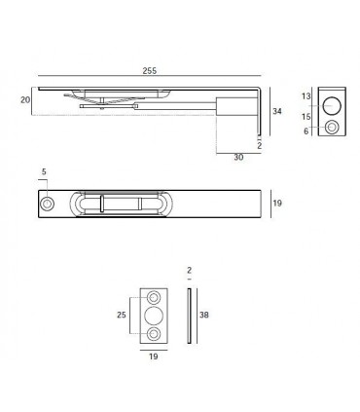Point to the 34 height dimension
[277, 111]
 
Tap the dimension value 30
[237, 157]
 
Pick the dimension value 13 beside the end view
[306, 97]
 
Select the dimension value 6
[306, 130]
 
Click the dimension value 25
[122, 315]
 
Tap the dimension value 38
[204, 316]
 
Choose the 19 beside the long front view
[276, 204]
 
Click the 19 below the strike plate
[154, 357]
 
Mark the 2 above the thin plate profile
[190, 270]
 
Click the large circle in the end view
[332, 106]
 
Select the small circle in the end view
[333, 128]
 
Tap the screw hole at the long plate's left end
[47, 204]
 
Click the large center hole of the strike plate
[155, 316]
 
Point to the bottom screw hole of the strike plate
[155, 334]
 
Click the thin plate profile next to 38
[190, 316]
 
